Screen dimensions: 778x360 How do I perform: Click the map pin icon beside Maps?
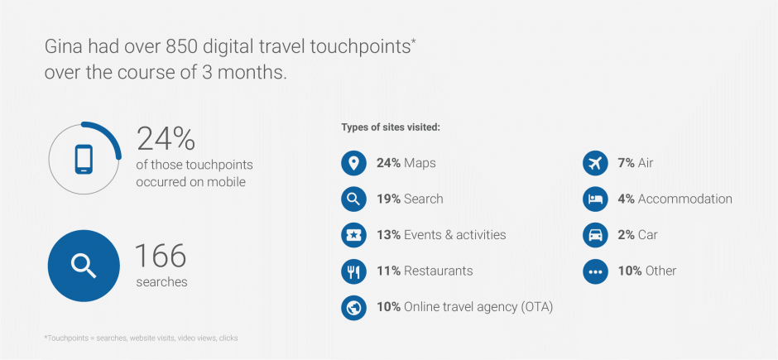pos(353,163)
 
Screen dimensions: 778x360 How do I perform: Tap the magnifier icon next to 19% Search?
pos(353,199)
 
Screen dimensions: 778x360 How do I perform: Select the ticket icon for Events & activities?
pos(353,235)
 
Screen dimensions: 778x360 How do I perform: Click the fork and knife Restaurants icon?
pos(353,271)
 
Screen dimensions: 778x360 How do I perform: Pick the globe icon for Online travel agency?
pos(353,307)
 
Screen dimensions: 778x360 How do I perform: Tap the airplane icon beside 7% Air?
pos(595,163)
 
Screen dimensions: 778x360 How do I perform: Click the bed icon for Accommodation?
pos(595,199)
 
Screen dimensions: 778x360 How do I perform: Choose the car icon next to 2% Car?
pos(595,235)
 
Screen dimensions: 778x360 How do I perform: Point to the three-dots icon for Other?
pos(595,271)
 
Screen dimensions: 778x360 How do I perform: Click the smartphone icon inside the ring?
pos(84,159)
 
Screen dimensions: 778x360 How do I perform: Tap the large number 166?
pos(161,256)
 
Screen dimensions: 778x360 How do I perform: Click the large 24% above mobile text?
pos(166,139)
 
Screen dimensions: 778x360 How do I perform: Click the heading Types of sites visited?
pos(391,127)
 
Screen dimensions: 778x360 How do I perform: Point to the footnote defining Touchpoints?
pos(141,338)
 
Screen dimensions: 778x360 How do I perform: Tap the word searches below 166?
pos(161,282)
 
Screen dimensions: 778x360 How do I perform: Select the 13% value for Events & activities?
pos(388,235)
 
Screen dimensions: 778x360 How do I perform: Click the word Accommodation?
pos(684,199)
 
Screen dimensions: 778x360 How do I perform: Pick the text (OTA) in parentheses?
pos(537,307)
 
